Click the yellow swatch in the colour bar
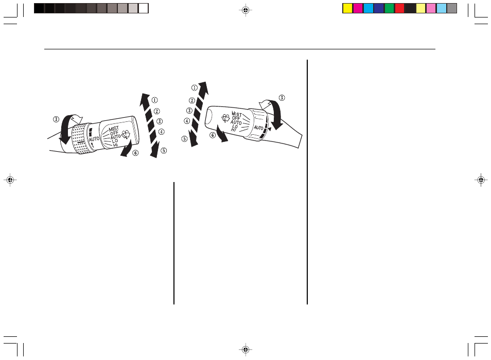[347, 8]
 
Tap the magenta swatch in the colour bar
[358, 8]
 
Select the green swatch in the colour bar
[389, 8]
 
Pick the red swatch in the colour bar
[399, 8]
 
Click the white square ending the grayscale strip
[144, 8]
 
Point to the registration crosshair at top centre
[246, 10]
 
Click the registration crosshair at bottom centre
[246, 349]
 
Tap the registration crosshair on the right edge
[481, 180]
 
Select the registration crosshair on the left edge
[10, 180]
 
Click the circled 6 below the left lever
[135, 153]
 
